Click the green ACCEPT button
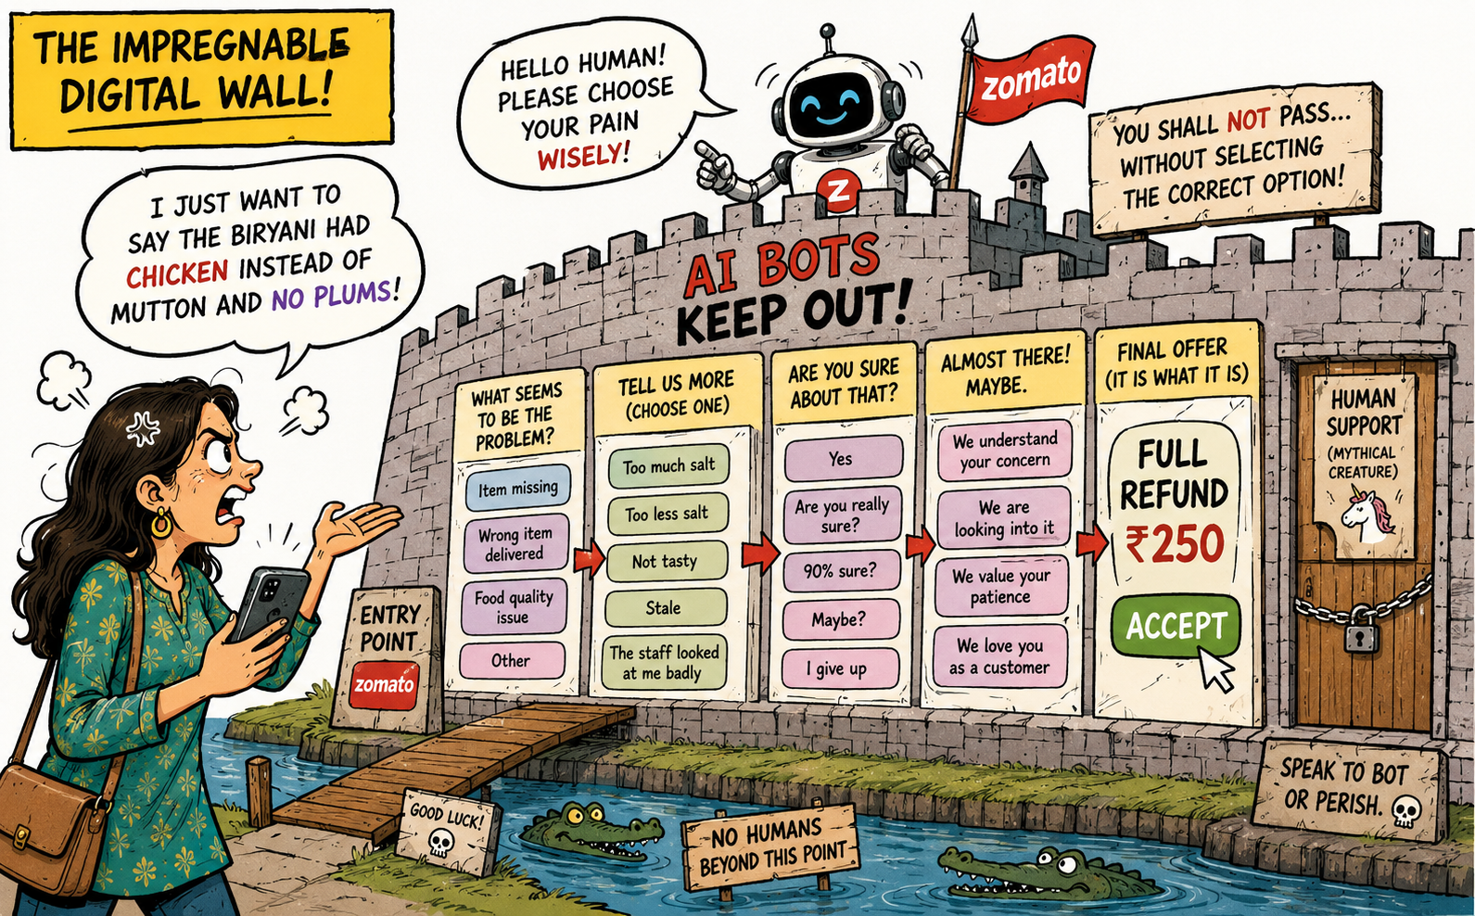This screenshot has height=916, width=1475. (x=1176, y=626)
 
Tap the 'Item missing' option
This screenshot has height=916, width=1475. (x=517, y=488)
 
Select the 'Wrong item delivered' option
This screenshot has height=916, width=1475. (x=515, y=543)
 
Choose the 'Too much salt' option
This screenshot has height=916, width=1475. (x=668, y=466)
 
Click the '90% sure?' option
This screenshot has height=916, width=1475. (x=841, y=570)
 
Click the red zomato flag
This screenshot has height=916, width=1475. (x=1031, y=79)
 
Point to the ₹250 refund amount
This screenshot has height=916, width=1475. (x=1175, y=544)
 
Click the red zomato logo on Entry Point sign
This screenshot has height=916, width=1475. (x=385, y=685)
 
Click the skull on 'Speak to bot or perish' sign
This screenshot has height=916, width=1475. (x=1405, y=813)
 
